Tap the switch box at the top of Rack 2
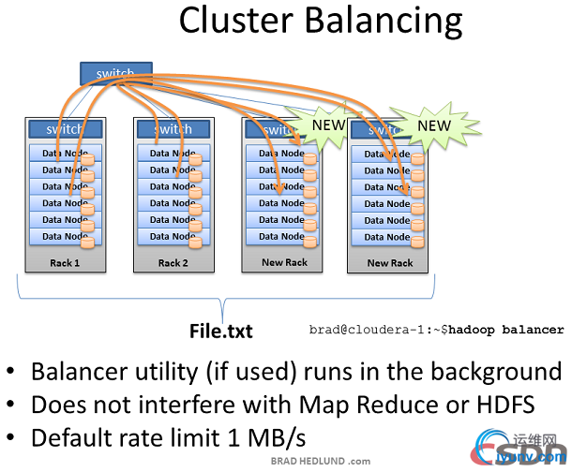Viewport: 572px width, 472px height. pos(171,129)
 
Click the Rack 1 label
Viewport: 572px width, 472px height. pos(64,263)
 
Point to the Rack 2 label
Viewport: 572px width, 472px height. pos(172,263)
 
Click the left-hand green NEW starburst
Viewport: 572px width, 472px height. pos(327,125)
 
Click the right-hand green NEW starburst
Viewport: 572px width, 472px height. pos(433,125)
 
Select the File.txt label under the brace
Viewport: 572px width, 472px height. pos(221,331)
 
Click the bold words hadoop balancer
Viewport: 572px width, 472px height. pos(515,330)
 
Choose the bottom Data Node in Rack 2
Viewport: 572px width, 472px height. pos(166,237)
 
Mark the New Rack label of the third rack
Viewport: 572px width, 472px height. pos(284,262)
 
